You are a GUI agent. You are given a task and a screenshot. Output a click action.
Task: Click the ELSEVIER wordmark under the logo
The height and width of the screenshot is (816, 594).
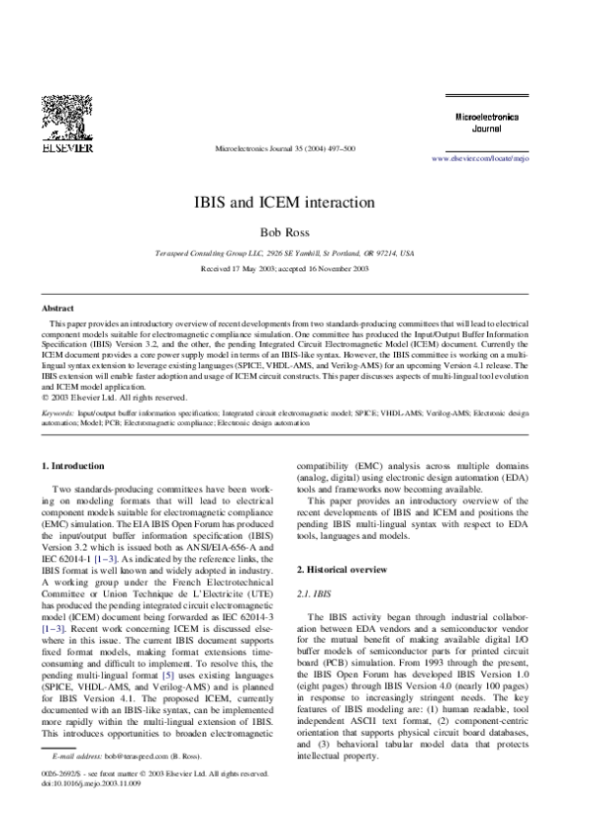66,148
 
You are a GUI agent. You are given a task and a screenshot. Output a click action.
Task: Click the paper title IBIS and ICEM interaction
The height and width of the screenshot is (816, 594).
297,200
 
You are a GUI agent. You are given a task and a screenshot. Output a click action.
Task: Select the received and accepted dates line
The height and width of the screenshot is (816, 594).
297,268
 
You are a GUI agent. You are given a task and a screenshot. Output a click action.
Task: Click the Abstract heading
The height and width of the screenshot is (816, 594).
57,310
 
